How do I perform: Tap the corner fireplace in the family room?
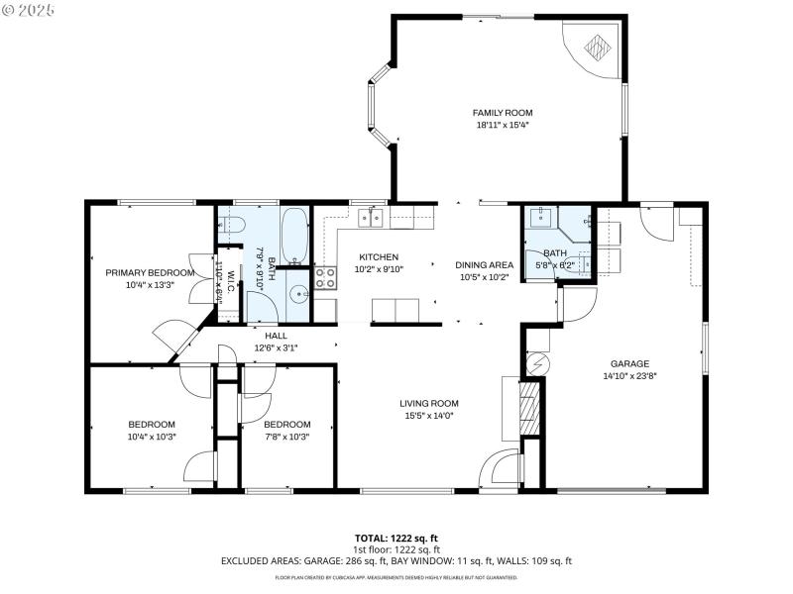597,47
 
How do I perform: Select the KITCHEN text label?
378,256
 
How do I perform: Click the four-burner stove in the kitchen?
326,276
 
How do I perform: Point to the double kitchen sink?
372,217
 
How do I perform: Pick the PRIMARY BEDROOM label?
150,272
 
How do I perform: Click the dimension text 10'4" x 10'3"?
151,437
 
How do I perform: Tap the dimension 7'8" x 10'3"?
286,437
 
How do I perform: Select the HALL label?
276,336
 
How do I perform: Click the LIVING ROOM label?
429,403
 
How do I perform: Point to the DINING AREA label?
484,264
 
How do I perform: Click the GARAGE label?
629,363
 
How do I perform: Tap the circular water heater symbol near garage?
536,363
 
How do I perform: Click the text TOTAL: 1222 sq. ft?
396,538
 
